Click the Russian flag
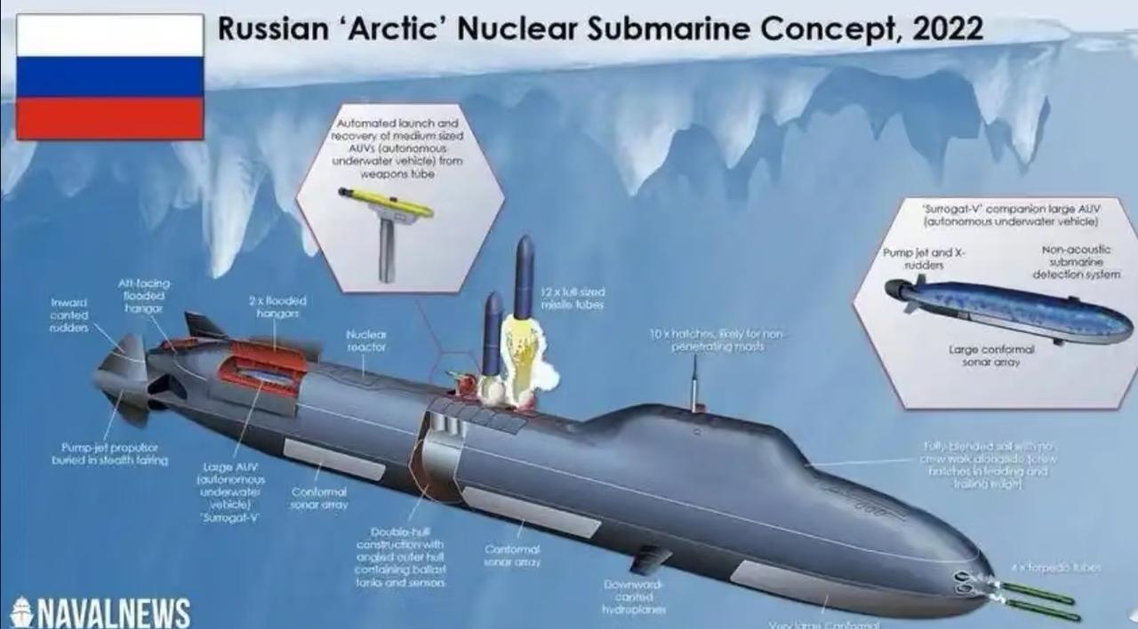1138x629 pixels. coord(109,76)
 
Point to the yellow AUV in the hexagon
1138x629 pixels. coord(386,203)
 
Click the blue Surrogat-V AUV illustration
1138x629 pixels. coord(1009,309)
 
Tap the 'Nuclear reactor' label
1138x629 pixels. coord(366,340)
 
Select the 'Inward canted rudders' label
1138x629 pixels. coord(68,314)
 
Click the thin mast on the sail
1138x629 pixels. coord(694,382)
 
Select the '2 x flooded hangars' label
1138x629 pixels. coord(277,307)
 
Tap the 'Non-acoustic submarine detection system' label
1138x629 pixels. coord(1069,262)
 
